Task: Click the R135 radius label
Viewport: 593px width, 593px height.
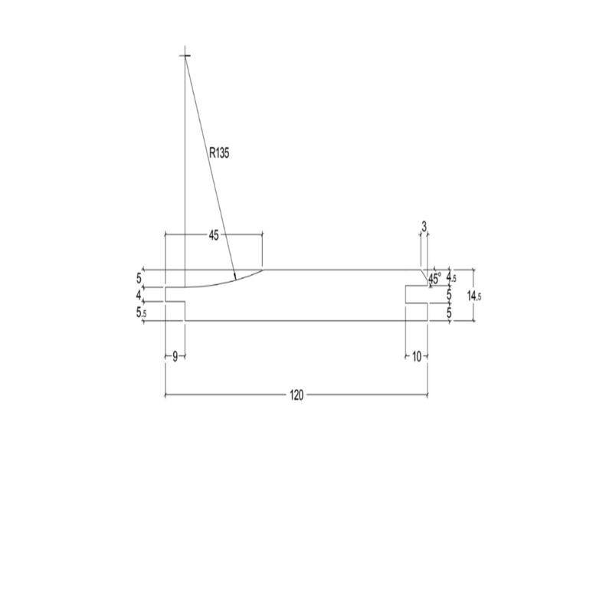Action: pos(219,153)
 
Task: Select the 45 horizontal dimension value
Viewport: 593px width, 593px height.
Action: pos(214,236)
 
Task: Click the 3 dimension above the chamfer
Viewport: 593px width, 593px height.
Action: pos(424,225)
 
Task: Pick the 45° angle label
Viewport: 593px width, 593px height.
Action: pos(435,280)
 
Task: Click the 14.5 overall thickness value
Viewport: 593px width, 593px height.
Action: pos(476,296)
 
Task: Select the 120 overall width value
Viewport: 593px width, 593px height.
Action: pos(296,395)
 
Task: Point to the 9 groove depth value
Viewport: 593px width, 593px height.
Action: pos(175,357)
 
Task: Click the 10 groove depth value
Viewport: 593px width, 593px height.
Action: pos(416,357)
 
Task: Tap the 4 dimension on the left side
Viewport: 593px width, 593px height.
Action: pos(139,295)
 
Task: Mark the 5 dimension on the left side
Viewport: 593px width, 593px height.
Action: pos(139,277)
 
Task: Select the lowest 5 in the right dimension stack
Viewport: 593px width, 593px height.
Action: pos(450,313)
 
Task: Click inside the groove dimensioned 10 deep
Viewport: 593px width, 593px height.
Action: pos(416,295)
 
